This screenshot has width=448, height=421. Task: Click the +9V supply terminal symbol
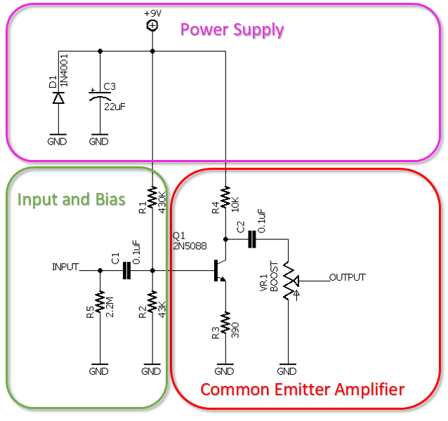click(x=152, y=25)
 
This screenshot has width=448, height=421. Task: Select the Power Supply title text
click(x=232, y=30)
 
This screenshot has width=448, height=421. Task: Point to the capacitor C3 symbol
click(x=100, y=97)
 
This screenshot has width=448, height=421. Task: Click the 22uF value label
click(x=115, y=107)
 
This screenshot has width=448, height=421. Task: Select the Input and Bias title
click(x=71, y=199)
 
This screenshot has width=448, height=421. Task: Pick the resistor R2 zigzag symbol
click(x=152, y=302)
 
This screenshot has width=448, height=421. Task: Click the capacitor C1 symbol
click(x=127, y=270)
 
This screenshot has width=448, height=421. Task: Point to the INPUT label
click(x=65, y=267)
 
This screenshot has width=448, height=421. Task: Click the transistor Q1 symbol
click(x=219, y=270)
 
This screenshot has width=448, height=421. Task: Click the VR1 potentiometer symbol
click(x=287, y=284)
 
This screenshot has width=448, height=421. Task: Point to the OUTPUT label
click(x=348, y=277)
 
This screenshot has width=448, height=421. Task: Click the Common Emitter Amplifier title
click(x=303, y=389)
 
